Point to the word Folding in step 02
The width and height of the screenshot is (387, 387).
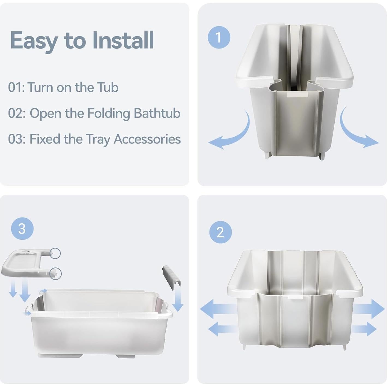click(x=109, y=114)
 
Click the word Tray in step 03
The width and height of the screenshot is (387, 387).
click(x=98, y=139)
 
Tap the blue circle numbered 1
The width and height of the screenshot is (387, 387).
click(x=219, y=37)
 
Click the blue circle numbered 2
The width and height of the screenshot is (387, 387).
click(x=221, y=232)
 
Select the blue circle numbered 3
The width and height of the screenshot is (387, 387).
click(x=22, y=228)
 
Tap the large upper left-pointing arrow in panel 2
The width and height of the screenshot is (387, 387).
click(x=218, y=309)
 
